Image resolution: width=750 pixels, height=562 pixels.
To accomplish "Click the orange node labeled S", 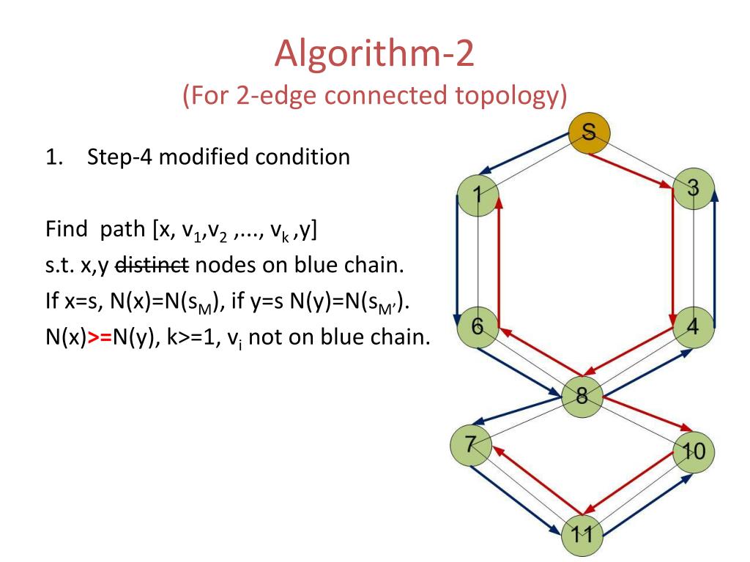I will pos(590,132).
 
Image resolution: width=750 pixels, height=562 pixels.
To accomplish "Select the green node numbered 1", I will pos(478,196).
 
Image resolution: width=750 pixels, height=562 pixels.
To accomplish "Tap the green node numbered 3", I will pos(693,189).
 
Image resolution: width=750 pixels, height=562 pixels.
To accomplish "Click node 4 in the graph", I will pos(693,327).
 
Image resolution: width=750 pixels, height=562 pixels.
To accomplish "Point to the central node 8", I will pos(582,397).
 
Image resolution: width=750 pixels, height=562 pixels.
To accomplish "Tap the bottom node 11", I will pos(582,533).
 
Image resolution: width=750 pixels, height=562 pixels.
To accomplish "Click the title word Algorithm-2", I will pos(374,56).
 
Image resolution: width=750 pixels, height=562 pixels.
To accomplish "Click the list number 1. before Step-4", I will pos(53,157).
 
